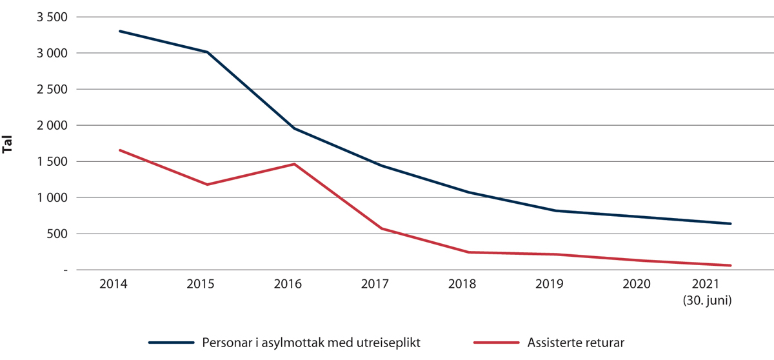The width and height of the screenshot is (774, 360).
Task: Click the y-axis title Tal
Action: [8, 144]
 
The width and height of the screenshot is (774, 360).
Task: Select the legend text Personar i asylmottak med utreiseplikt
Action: [312, 343]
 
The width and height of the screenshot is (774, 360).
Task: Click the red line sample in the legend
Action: [496, 343]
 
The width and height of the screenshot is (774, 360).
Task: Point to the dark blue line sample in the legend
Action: [172, 343]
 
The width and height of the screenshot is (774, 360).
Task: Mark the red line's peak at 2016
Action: [294, 164]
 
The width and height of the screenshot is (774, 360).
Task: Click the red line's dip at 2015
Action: [207, 185]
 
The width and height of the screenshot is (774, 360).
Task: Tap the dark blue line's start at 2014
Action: [120, 31]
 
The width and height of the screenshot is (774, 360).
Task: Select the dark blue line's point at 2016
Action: [294, 128]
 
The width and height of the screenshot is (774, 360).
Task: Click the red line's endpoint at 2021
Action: [730, 265]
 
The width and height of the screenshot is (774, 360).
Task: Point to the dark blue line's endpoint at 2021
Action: [730, 224]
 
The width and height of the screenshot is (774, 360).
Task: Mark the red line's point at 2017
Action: [381, 228]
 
